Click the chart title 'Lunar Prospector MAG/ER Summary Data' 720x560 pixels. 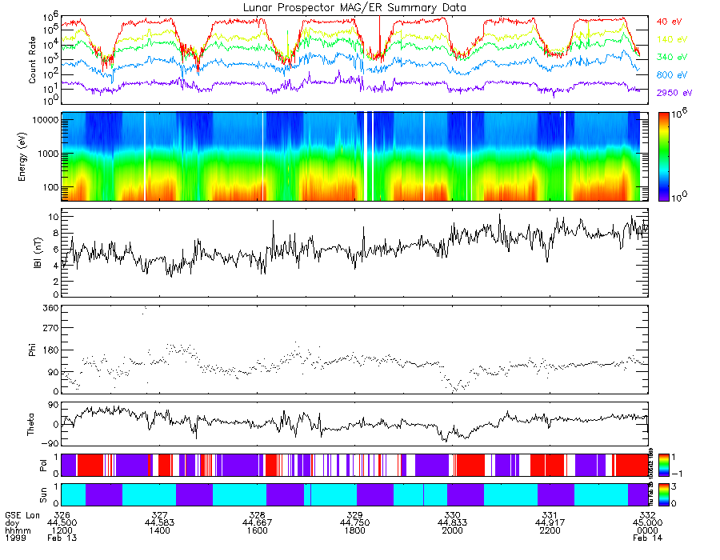(x=354, y=7)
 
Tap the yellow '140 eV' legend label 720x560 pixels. (x=671, y=39)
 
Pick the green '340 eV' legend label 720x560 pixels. (x=671, y=58)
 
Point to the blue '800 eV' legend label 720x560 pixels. (x=671, y=75)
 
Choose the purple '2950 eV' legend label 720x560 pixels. (x=674, y=94)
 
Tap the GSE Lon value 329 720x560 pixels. (x=354, y=514)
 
